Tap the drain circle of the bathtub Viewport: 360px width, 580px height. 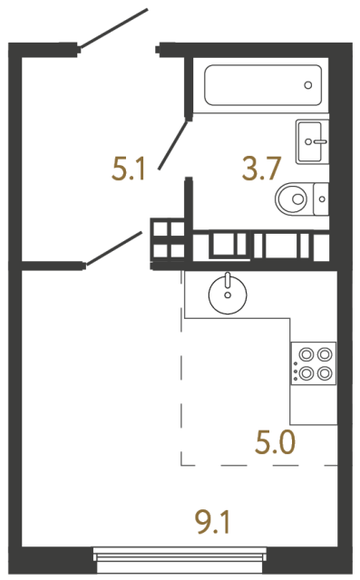coord(308,86)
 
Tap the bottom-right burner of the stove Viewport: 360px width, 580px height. coord(323,372)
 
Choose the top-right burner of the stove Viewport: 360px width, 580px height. coord(323,355)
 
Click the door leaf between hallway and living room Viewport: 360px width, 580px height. coord(114,248)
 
